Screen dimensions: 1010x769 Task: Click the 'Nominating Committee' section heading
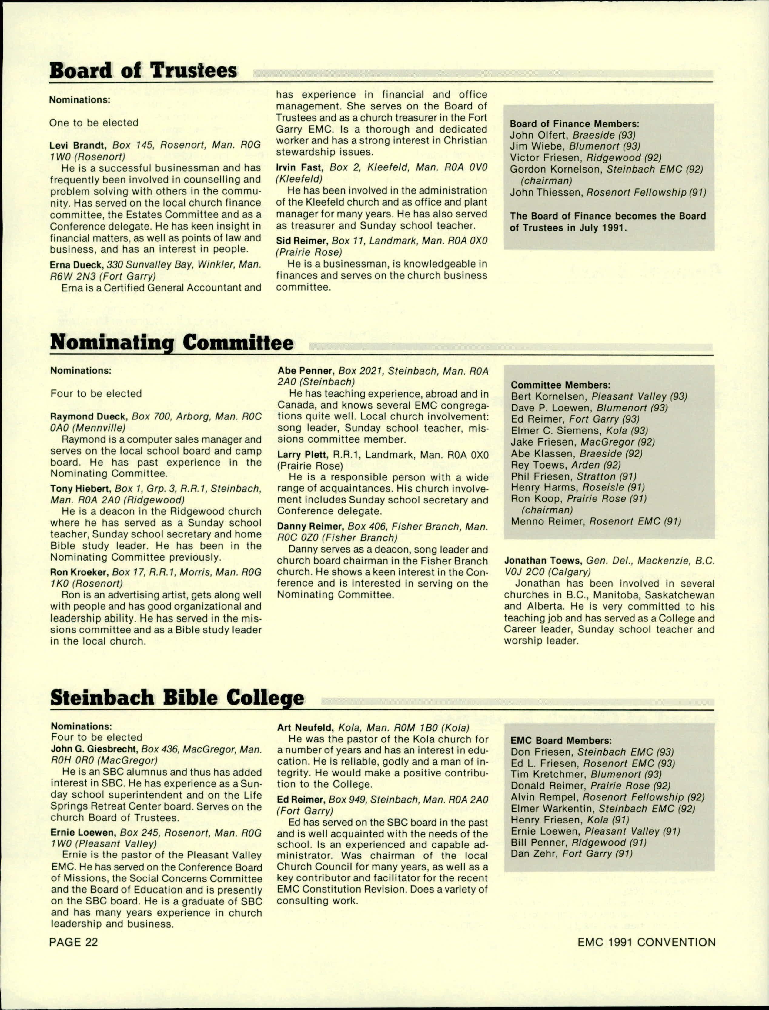coord(172,343)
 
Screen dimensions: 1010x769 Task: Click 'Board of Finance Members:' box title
coord(574,124)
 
